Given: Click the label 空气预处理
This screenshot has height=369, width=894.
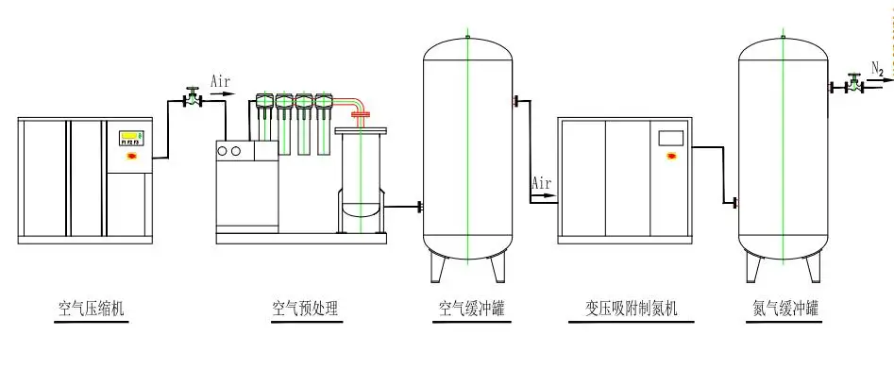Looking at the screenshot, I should coord(305,309).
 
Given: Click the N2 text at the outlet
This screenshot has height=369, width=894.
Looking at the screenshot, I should coord(876,67).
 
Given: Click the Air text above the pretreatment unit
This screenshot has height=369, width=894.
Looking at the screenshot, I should coord(219,83).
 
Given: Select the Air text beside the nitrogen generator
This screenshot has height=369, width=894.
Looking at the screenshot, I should coord(542,181).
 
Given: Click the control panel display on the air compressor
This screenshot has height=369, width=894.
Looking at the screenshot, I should coord(129,137).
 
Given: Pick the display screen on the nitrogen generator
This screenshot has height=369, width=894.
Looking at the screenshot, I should coord(670,136).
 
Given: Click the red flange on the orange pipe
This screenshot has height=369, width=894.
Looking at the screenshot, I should coord(359,115).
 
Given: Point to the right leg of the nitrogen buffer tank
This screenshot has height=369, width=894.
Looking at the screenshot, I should coord(813,269).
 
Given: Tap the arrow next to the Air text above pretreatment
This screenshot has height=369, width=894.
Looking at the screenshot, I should coord(219,94).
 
